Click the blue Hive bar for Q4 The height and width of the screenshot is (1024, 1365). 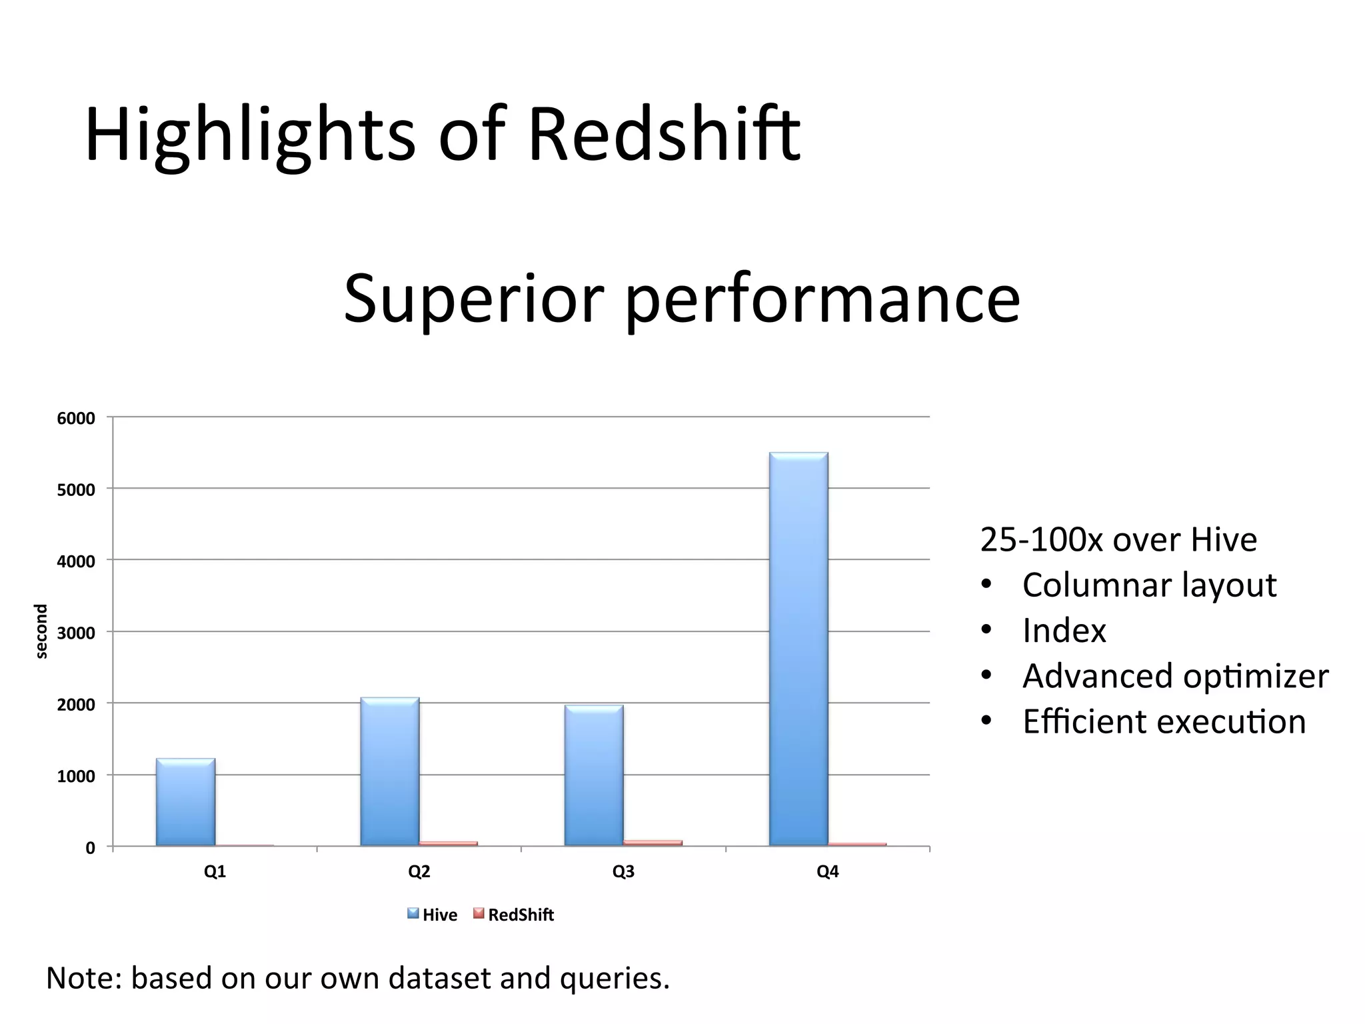click(798, 650)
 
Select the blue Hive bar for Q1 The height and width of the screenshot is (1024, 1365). click(185, 803)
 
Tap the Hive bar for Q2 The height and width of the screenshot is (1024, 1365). click(390, 772)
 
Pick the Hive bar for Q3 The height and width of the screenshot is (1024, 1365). click(594, 776)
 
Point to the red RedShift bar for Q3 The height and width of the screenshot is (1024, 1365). click(653, 843)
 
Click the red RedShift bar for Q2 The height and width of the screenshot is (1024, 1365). click(449, 843)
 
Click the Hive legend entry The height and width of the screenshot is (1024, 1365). click(433, 915)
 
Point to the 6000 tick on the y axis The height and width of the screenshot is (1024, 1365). click(76, 419)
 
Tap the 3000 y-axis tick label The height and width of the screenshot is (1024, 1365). click(76, 633)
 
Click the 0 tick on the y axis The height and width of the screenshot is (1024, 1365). click(90, 848)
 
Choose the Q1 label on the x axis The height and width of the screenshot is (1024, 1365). click(215, 872)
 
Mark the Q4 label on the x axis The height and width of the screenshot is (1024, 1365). click(827, 872)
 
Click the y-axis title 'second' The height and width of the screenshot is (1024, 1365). click(41, 631)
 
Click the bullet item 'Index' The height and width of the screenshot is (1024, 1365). click(1064, 631)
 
